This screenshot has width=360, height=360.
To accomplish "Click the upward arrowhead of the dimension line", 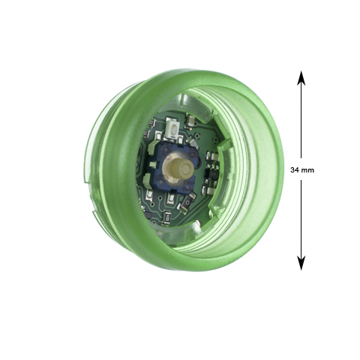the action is (301, 78).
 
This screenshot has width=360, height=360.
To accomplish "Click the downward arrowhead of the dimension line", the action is (301, 263).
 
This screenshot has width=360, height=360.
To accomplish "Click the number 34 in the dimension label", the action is (295, 170).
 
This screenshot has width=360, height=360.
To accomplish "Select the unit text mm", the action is (307, 171).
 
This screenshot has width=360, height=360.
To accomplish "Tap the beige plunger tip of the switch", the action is (179, 167).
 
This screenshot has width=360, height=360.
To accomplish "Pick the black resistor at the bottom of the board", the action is (167, 217).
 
